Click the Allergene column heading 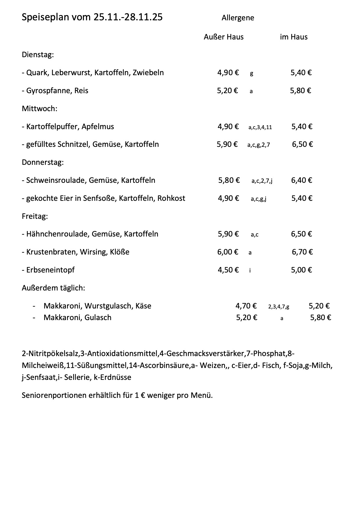pos(238,18)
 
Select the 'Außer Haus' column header pos(224,37)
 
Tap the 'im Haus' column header pos(294,37)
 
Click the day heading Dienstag pos(37,55)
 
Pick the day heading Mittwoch pos(39,109)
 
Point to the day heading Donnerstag pos(42,162)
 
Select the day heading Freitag pos(35,216)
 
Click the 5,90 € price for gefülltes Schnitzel pos(227,144)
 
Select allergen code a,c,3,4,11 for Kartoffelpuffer pos(260,127)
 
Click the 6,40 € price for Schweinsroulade pos(302,180)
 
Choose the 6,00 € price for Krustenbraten pos(228,252)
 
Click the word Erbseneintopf pos(50,270)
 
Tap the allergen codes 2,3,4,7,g pos(278,306)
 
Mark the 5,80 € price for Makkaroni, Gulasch pos(321,317)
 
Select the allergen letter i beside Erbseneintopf pos(250,270)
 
